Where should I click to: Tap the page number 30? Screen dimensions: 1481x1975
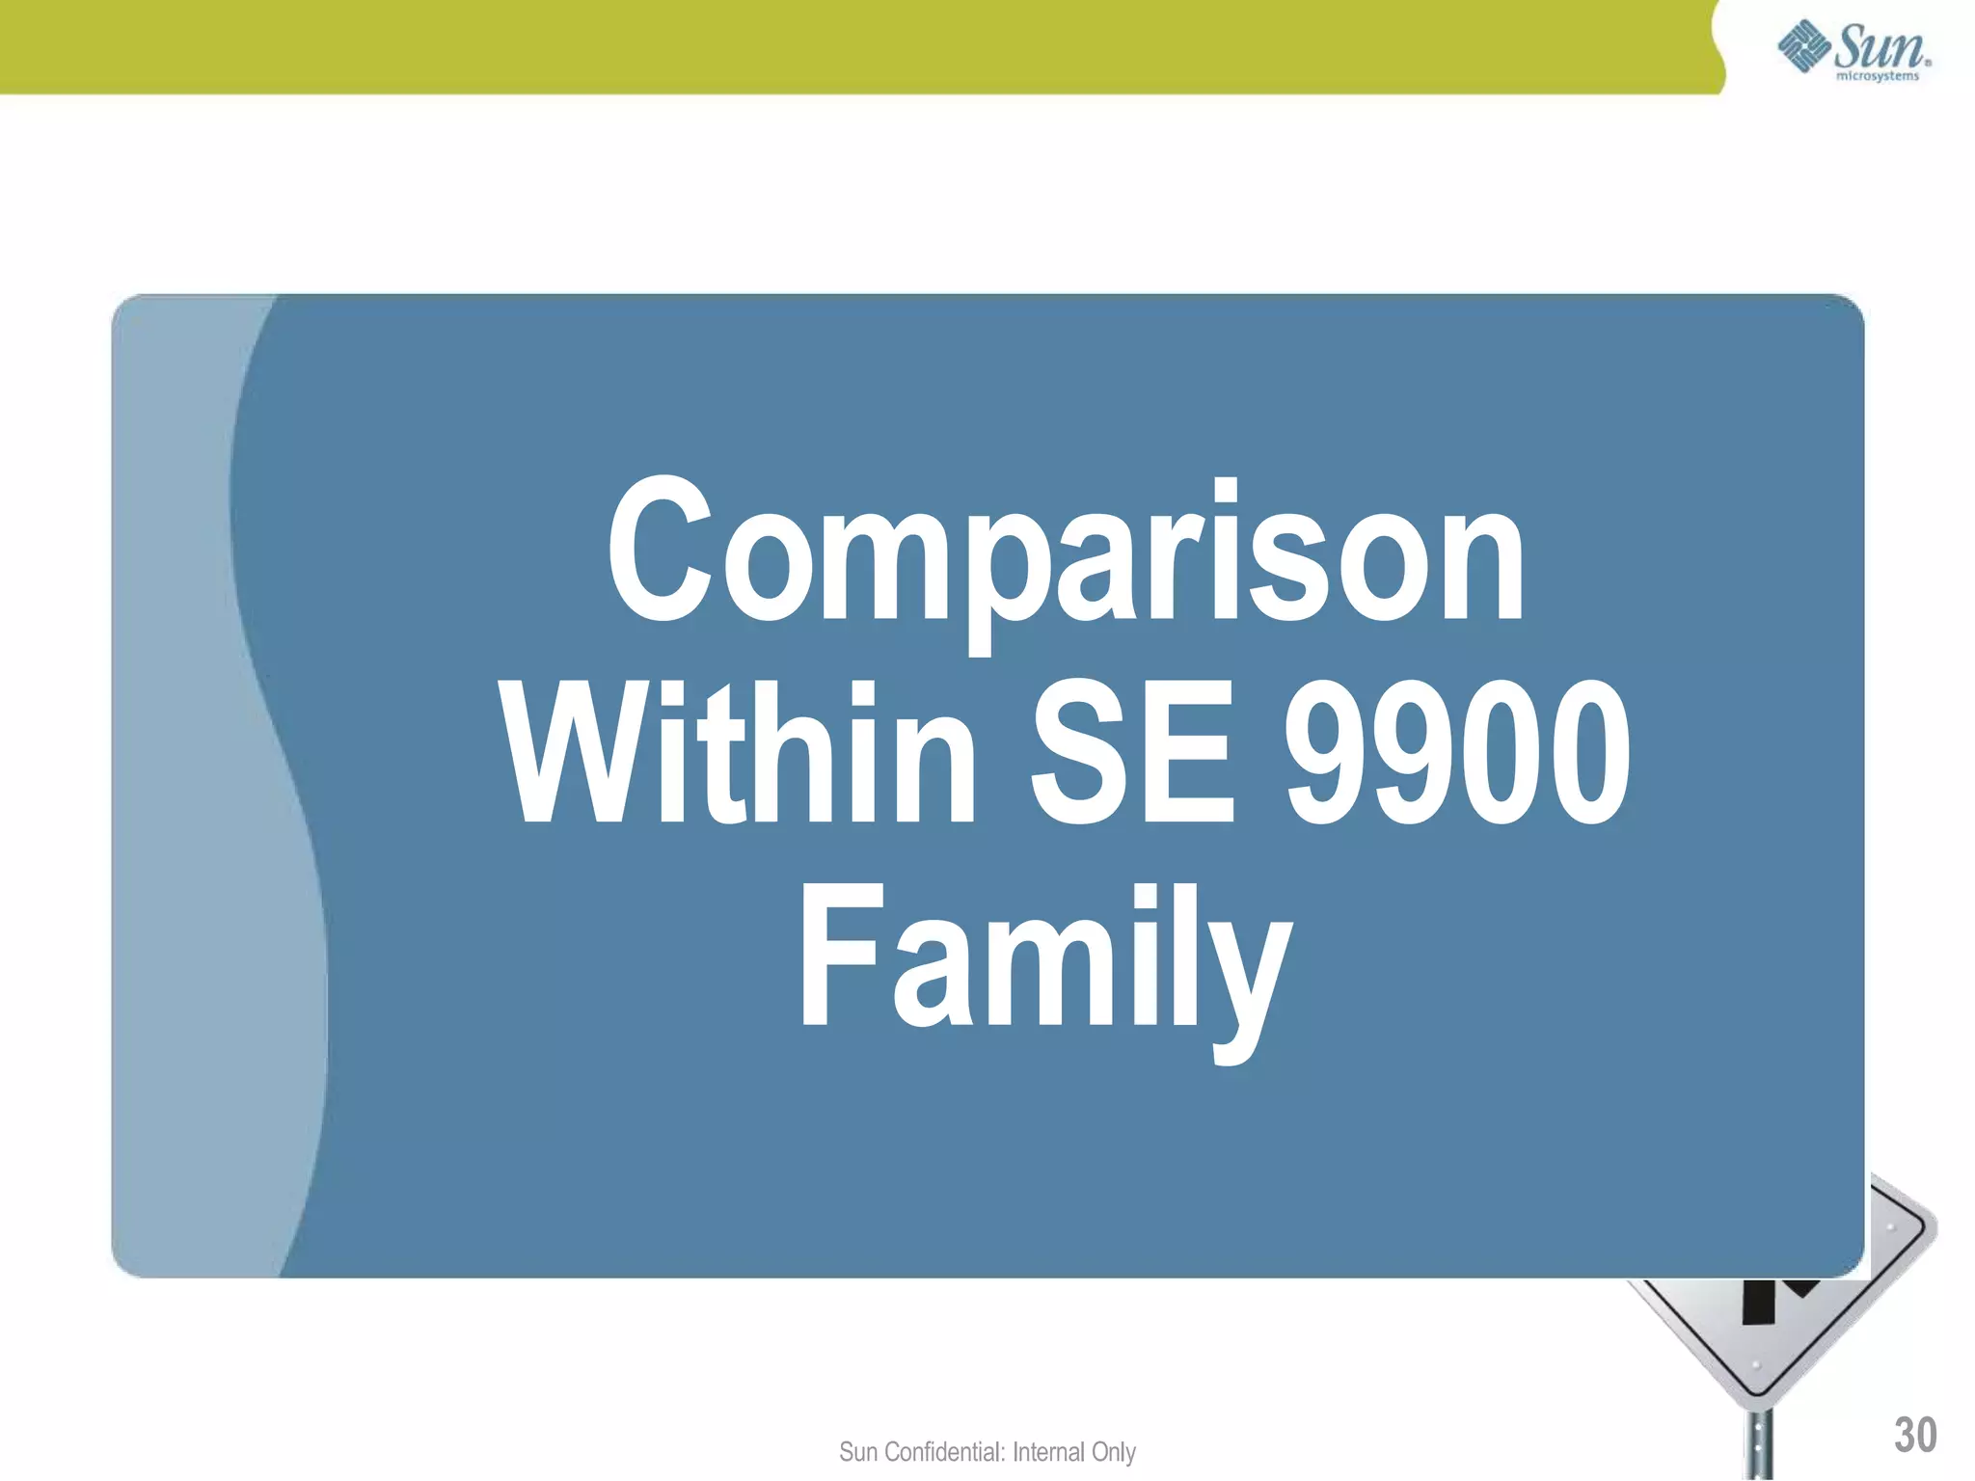[1914, 1435]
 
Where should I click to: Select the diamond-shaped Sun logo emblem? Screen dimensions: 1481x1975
[1804, 47]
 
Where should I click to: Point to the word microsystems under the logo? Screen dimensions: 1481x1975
[1877, 76]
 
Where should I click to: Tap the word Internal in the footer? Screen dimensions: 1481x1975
[1048, 1452]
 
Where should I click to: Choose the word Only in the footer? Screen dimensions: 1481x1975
[1113, 1452]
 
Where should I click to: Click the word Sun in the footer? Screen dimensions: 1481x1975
[857, 1452]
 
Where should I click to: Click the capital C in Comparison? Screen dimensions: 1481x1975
[660, 552]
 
